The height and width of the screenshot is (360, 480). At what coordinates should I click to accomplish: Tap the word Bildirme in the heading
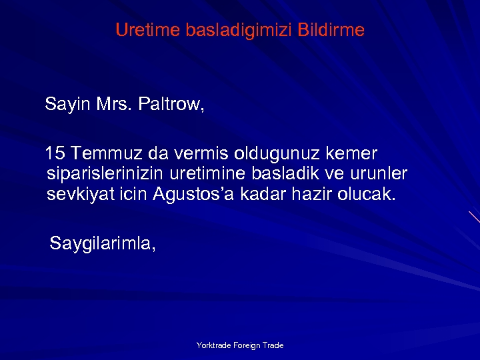pos(331,31)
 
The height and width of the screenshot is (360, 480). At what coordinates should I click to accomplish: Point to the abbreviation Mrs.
pos(115,105)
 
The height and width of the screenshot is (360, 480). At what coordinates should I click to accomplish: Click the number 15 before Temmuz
pos(55,154)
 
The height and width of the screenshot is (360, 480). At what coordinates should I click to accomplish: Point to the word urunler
pos(379,174)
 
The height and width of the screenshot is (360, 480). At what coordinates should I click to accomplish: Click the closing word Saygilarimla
pos(103,244)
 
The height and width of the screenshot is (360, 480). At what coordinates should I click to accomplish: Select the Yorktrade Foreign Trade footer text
pos(240,345)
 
